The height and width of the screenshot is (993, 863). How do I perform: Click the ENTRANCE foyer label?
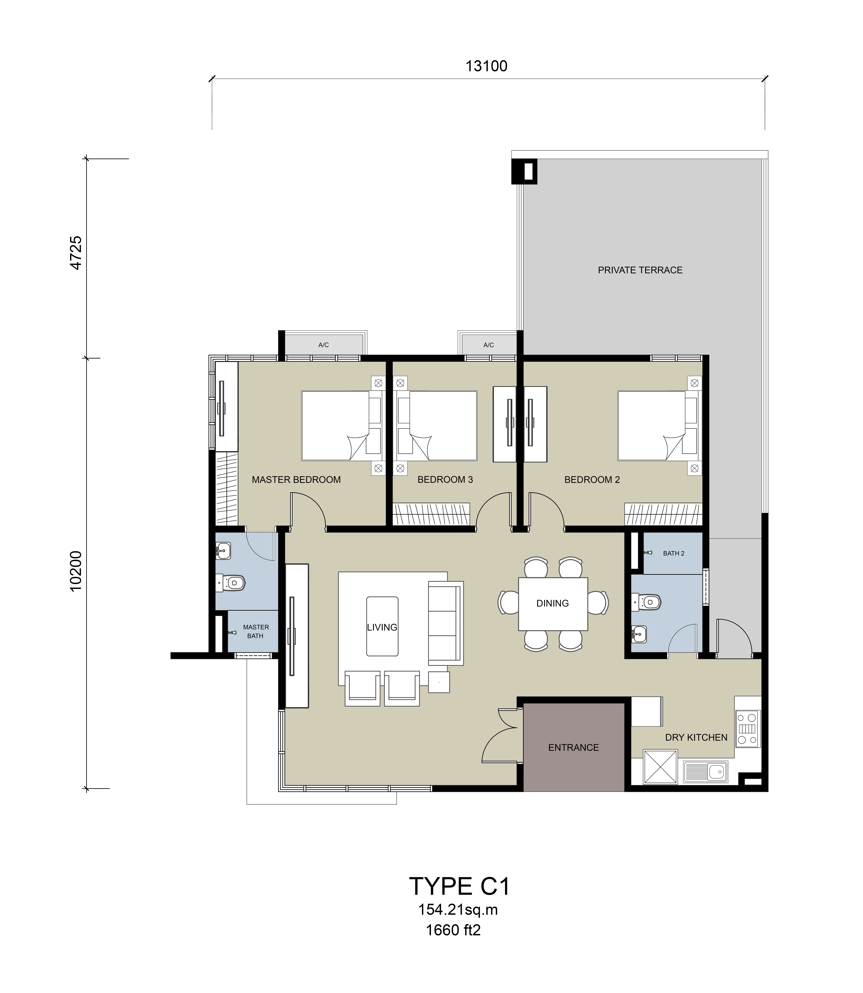point(574,748)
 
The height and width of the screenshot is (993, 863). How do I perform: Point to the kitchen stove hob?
point(747,729)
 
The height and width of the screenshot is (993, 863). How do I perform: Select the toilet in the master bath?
point(230,583)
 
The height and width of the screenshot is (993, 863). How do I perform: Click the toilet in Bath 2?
point(646,601)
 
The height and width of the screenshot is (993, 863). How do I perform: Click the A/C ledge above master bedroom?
point(324,345)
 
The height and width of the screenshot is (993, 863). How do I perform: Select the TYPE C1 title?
point(459,887)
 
